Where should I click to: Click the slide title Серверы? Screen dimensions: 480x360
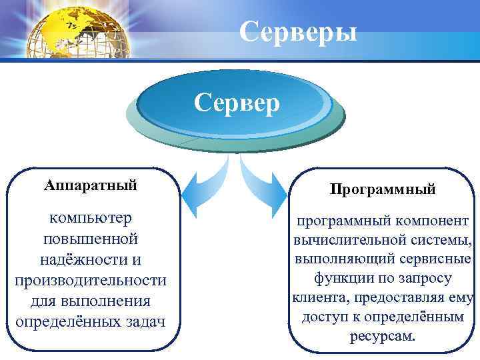(x=297, y=31)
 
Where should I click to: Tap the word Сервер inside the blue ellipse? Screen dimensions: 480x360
(x=237, y=104)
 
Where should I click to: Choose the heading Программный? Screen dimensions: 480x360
(x=382, y=189)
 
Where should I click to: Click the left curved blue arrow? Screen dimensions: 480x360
(x=201, y=181)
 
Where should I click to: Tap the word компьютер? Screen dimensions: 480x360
(x=91, y=217)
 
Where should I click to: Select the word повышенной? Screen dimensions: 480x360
(x=91, y=238)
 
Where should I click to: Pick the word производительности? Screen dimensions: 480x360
(x=91, y=279)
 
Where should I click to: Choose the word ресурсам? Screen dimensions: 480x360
(x=382, y=336)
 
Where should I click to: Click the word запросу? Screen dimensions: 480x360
(x=423, y=278)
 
